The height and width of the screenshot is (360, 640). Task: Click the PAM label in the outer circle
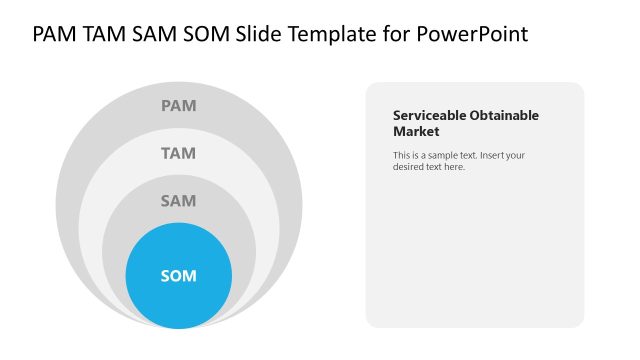click(x=179, y=105)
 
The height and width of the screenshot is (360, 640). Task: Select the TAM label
click(x=179, y=153)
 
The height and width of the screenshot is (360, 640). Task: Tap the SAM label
click(x=179, y=201)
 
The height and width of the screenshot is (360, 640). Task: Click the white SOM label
click(x=179, y=275)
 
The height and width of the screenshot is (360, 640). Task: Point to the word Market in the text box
click(x=416, y=131)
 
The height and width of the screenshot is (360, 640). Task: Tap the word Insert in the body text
click(x=495, y=155)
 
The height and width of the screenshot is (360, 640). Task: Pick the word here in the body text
click(x=455, y=167)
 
